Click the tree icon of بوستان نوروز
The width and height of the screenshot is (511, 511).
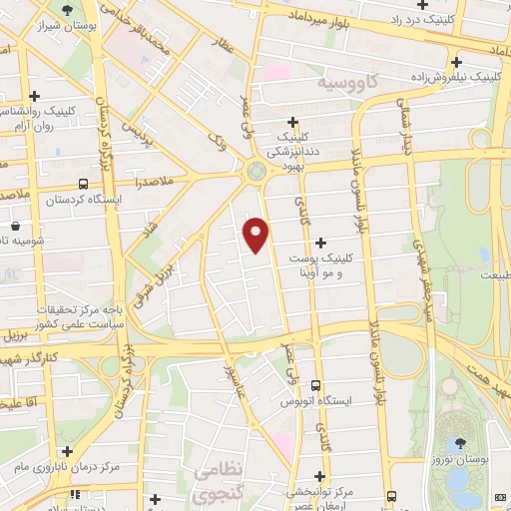tap(460, 442)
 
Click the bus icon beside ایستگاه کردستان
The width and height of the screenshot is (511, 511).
tap(82, 184)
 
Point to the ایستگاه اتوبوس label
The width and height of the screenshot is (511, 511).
tap(356, 400)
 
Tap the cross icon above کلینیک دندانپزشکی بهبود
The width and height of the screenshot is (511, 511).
tap(293, 121)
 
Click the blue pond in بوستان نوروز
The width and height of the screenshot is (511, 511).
tap(460, 482)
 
